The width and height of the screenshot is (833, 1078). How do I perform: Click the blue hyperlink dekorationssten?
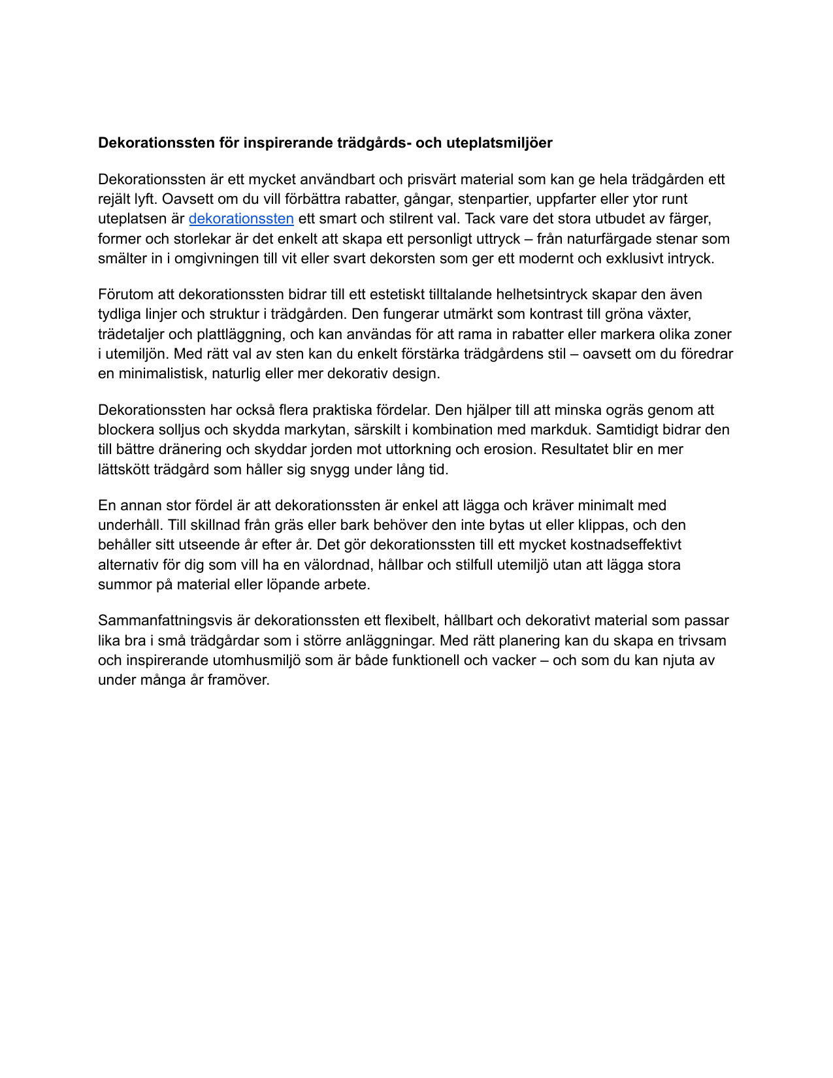(x=241, y=219)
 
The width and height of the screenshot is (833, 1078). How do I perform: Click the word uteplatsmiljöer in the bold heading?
(x=499, y=143)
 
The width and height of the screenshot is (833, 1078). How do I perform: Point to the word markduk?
(x=562, y=430)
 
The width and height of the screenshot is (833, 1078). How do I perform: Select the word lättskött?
(x=123, y=469)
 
